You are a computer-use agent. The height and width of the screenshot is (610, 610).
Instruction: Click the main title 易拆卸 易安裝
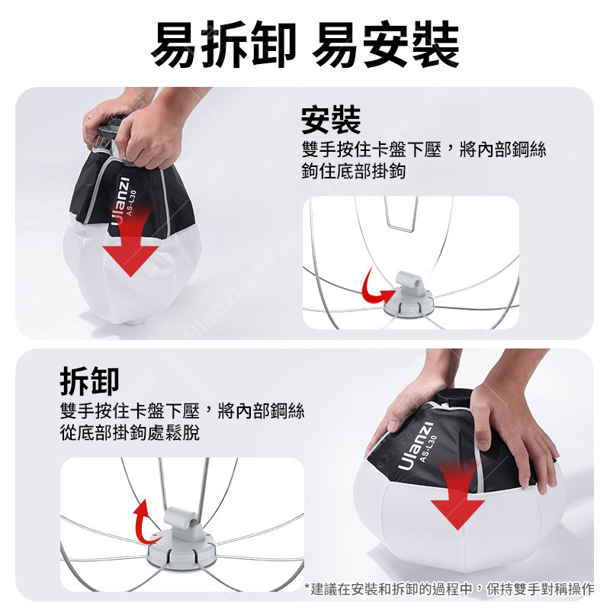click(305, 44)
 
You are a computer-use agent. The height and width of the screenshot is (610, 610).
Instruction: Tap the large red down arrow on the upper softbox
click(130, 241)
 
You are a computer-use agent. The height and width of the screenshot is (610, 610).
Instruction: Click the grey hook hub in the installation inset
click(409, 294)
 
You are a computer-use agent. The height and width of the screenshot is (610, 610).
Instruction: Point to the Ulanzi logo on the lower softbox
click(415, 446)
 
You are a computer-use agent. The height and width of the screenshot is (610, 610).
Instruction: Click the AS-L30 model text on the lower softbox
click(429, 448)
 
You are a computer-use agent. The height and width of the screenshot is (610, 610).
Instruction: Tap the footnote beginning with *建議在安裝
click(449, 589)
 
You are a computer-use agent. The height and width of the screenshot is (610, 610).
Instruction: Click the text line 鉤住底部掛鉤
click(354, 171)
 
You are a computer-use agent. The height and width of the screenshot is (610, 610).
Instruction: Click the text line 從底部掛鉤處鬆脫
click(130, 432)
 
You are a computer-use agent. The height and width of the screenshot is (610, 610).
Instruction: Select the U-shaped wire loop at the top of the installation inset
click(401, 215)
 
